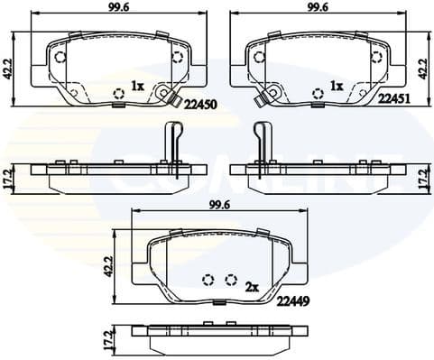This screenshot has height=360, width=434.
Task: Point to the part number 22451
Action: point(395,101)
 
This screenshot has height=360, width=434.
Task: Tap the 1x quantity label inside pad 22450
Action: point(137,87)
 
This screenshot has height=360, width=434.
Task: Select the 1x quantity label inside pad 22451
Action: point(337,87)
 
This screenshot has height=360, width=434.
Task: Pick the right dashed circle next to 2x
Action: point(231,279)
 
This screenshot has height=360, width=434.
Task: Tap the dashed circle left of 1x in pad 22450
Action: point(118,92)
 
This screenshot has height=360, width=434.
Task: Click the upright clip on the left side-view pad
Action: point(171,140)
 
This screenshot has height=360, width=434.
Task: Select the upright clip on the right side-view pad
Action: point(263,140)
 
